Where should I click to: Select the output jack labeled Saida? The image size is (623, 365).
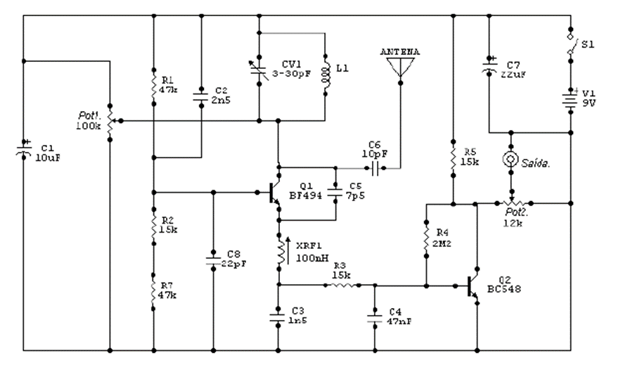pyautogui.click(x=512, y=160)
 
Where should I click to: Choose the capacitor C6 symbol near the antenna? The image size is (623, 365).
pyautogui.click(x=374, y=168)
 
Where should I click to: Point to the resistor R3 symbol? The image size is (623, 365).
pyautogui.click(x=342, y=286)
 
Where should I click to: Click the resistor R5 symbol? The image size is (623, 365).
pyautogui.click(x=454, y=156)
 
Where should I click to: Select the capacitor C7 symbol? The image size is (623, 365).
pyautogui.click(x=487, y=68)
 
